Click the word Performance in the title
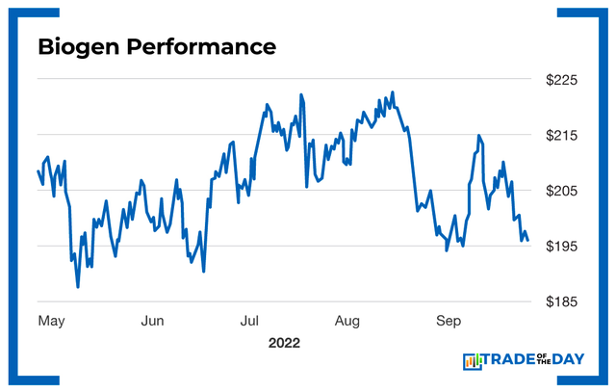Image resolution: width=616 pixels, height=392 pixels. tap(202, 46)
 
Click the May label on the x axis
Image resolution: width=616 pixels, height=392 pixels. tap(51, 320)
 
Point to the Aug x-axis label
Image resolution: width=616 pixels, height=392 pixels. tap(346, 320)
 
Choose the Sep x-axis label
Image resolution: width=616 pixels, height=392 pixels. tap(448, 320)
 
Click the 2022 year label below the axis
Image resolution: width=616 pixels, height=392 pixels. tap(285, 343)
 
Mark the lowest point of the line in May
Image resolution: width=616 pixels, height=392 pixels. tap(78, 286)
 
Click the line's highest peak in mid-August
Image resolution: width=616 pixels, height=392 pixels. tap(393, 92)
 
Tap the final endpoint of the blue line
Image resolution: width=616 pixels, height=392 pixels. tap(527, 240)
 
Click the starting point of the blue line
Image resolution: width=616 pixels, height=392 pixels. tap(38, 171)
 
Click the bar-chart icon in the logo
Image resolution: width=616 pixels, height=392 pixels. tap(473, 361)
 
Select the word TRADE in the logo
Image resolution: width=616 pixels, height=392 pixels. tap(511, 361)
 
